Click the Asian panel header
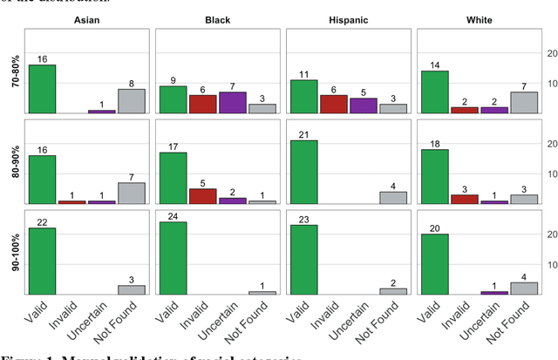pos(87,18)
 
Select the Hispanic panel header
pos(348,18)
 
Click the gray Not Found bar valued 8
pos(131,101)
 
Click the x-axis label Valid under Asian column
pos(37,314)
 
